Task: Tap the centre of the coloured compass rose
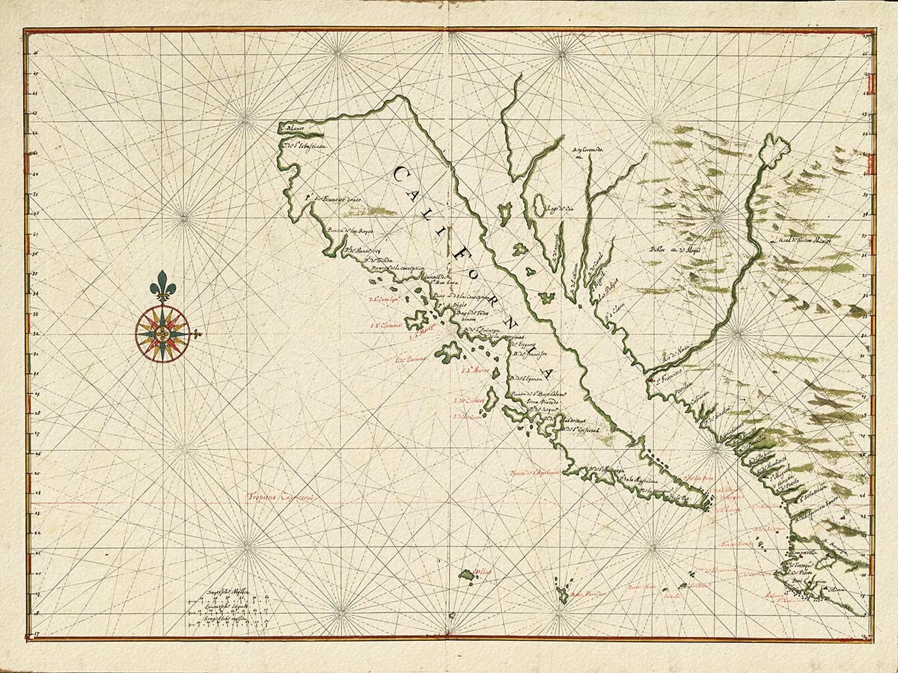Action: pyautogui.click(x=162, y=334)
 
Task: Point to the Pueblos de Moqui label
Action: pyautogui.click(x=668, y=249)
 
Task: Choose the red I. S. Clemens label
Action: pyautogui.click(x=388, y=326)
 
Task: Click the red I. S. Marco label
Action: pyautogui.click(x=475, y=369)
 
